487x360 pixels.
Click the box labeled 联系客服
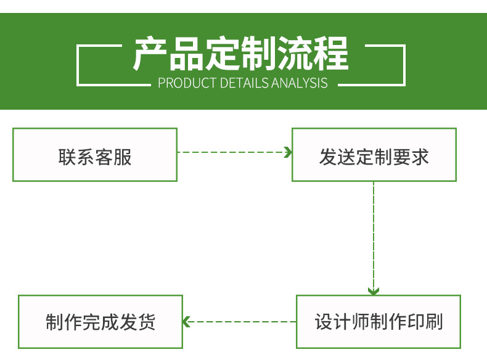95,155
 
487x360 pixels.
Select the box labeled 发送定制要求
374,155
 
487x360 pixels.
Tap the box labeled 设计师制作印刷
379,322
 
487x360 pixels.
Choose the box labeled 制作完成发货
100,322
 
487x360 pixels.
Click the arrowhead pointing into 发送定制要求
287,152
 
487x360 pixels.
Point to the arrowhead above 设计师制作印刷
374,290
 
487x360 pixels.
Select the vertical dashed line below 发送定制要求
374,234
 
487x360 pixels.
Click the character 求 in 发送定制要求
420,157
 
